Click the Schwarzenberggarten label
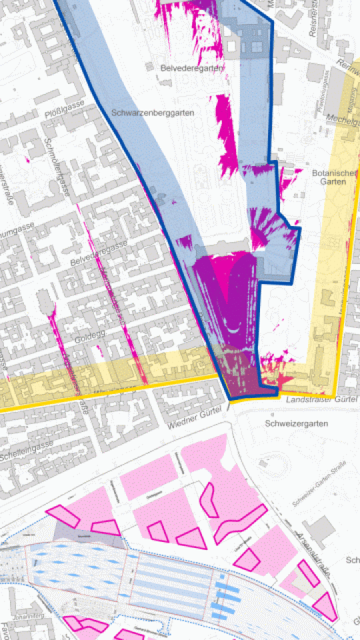click(153, 113)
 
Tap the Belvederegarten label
click(192, 68)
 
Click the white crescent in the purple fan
click(233, 327)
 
